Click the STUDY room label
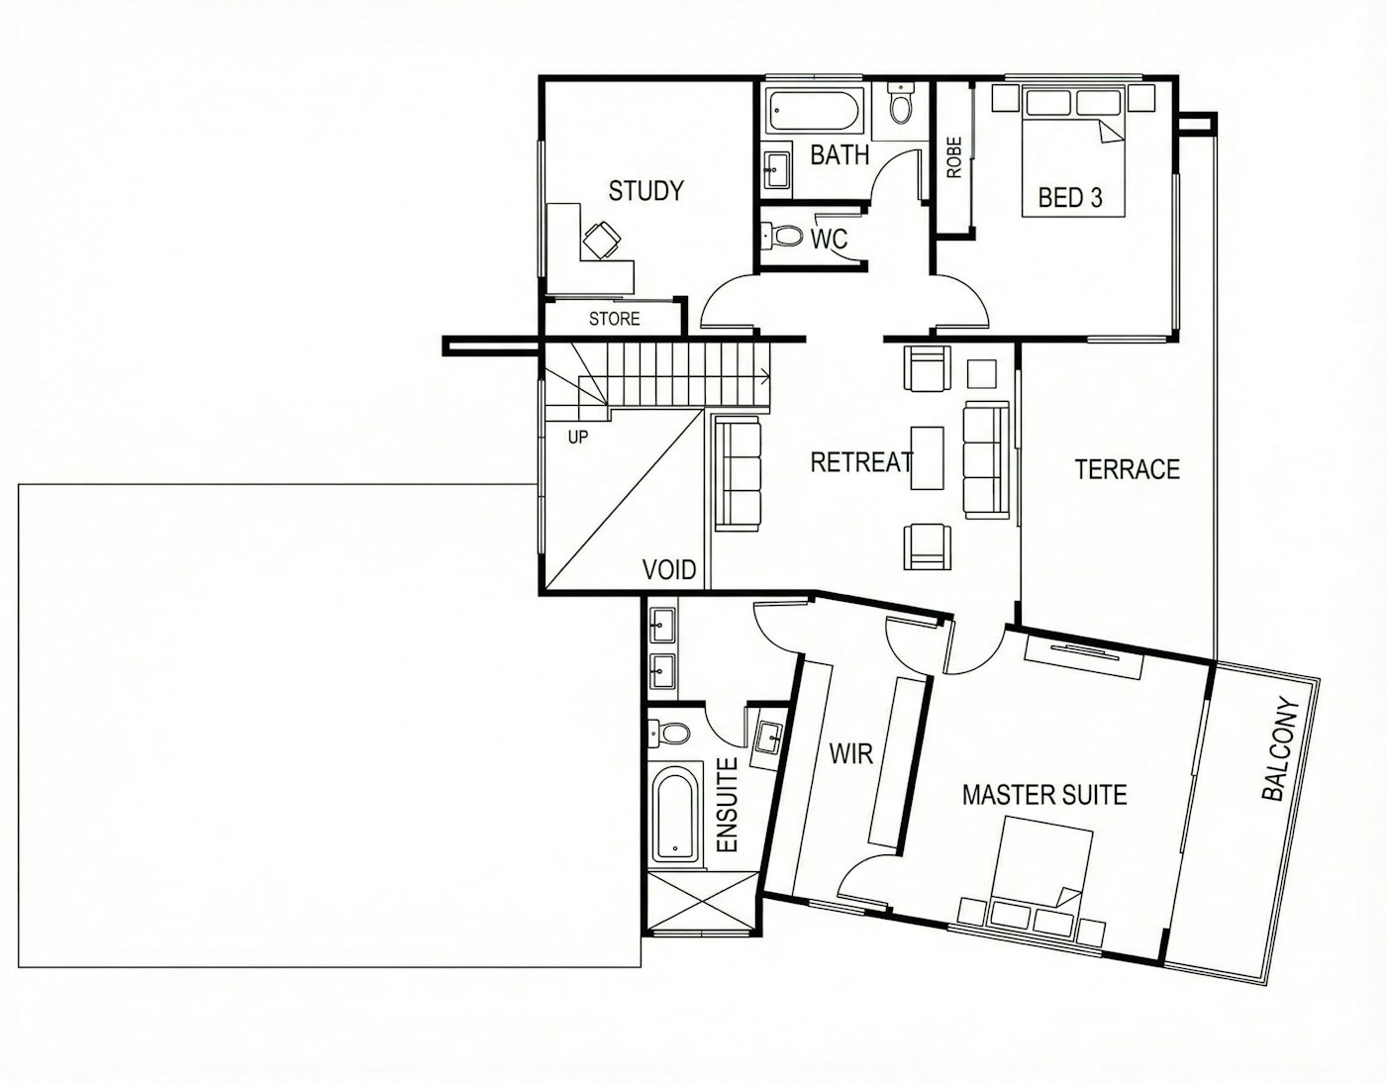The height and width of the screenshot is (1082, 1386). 645,191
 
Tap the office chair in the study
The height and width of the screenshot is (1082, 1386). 155,240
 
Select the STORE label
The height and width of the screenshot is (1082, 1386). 614,319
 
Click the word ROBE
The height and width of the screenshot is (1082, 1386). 954,156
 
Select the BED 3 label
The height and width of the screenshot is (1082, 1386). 1070,198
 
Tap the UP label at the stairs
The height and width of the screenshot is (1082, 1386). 578,438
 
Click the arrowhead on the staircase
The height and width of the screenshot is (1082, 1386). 764,377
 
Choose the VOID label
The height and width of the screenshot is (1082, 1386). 668,569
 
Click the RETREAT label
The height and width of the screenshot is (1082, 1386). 861,462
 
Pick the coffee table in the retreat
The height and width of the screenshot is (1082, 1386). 927,457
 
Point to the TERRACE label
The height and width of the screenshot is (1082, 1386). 1128,469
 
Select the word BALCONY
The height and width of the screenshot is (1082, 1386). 1281,749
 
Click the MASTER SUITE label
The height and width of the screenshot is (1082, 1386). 1044,795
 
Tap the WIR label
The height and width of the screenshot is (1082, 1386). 850,754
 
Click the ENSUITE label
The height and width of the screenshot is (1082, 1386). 727,804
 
